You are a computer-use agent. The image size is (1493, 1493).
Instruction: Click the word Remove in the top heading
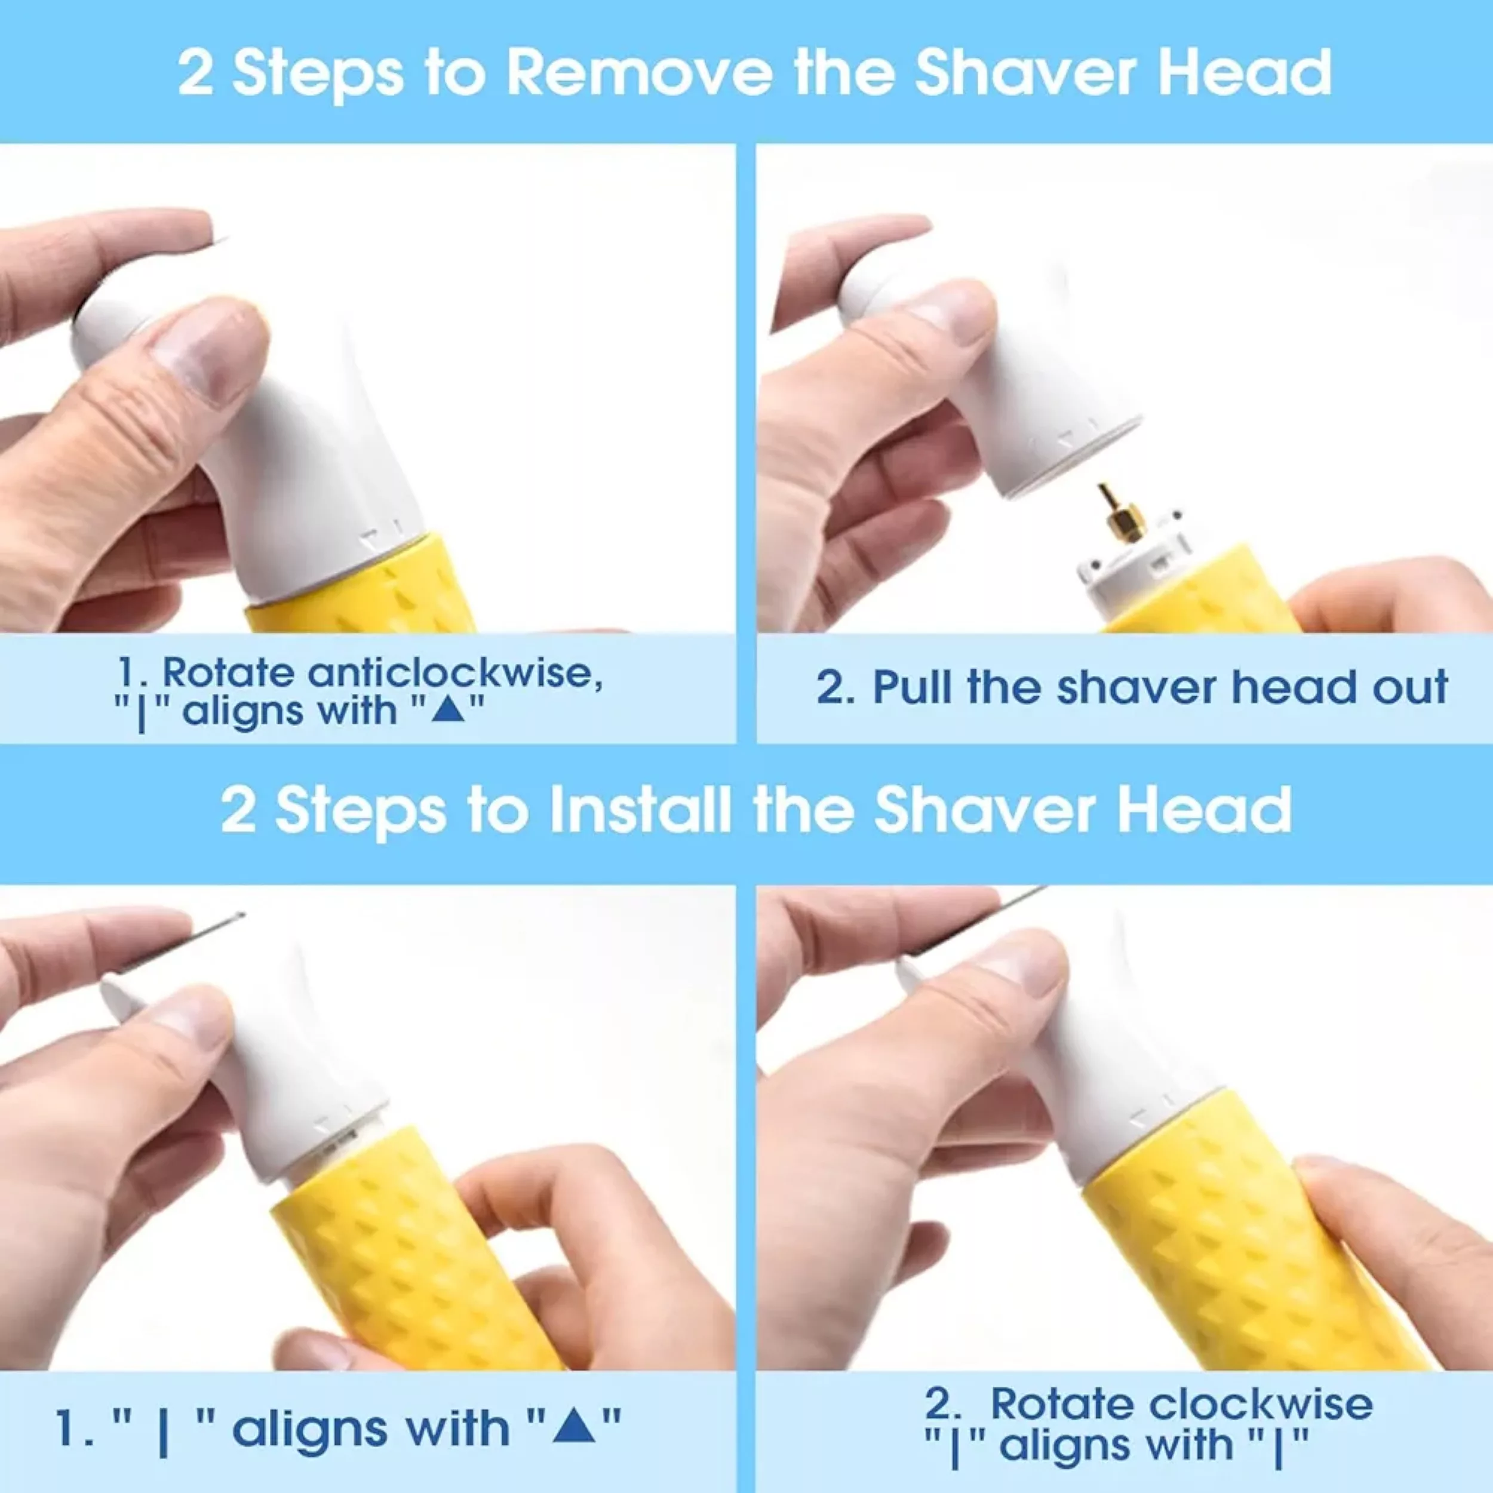tap(639, 73)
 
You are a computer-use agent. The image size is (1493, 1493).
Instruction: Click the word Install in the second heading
tap(640, 809)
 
